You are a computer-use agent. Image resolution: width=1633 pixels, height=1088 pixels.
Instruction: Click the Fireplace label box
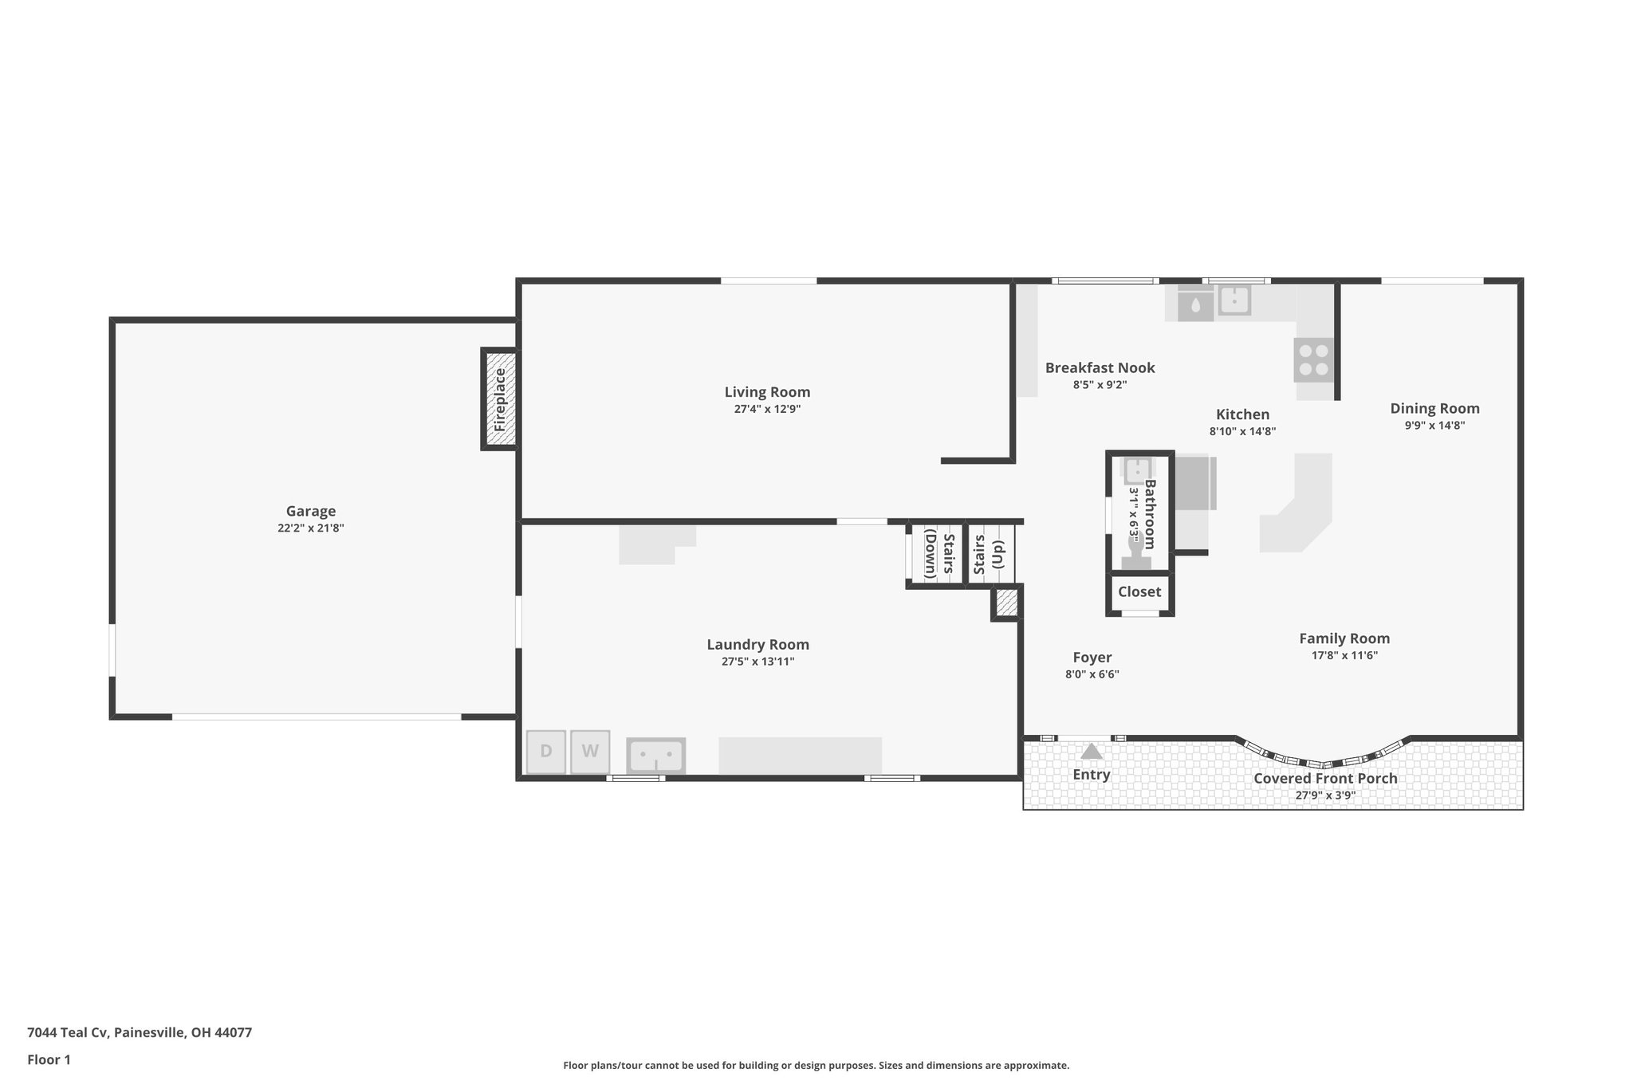(x=500, y=399)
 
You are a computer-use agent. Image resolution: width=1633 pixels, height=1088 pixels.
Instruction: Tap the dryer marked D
(x=546, y=752)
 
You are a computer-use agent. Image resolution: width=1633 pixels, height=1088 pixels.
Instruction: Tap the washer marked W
(x=590, y=752)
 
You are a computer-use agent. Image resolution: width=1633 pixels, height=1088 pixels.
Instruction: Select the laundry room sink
(x=655, y=755)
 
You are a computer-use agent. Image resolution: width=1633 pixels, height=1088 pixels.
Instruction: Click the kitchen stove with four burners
(x=1313, y=360)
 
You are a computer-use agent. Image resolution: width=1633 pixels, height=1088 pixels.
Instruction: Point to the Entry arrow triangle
(x=1092, y=752)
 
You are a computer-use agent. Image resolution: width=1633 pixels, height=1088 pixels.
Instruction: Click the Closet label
(x=1139, y=591)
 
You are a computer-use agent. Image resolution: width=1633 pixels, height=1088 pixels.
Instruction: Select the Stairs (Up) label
(x=989, y=554)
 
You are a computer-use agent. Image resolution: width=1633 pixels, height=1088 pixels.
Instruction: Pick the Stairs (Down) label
(x=939, y=554)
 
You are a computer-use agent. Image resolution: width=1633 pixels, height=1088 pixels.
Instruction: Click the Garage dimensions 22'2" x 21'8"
(x=311, y=528)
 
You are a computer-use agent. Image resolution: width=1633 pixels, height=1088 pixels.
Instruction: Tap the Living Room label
(x=767, y=391)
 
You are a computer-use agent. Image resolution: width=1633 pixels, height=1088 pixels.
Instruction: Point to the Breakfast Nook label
(x=1100, y=367)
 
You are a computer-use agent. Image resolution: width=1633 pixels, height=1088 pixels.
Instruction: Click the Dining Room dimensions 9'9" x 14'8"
(x=1434, y=426)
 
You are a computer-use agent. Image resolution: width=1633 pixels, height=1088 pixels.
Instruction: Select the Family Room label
(x=1344, y=638)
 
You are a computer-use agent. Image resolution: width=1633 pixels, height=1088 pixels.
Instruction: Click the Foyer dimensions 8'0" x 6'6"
(x=1092, y=674)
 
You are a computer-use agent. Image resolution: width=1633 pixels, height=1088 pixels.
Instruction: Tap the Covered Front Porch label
(x=1325, y=778)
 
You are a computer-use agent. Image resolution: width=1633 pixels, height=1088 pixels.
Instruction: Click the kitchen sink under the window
(x=1234, y=300)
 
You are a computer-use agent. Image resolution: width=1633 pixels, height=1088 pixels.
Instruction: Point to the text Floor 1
(x=49, y=1059)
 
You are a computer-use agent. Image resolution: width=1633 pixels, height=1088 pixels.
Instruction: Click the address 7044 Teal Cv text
(x=140, y=1032)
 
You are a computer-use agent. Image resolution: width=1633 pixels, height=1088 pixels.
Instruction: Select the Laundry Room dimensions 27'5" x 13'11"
(x=757, y=662)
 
